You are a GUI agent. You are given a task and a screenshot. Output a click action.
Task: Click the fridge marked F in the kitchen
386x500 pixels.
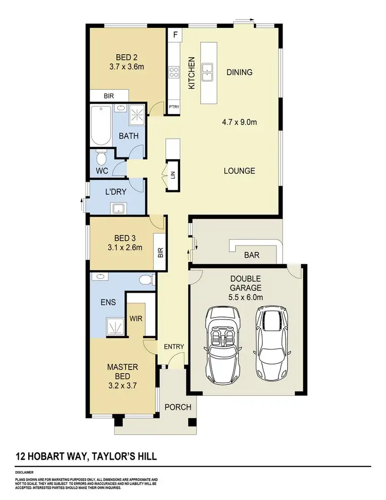175,36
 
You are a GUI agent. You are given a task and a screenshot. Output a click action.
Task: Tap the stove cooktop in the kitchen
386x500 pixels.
174,72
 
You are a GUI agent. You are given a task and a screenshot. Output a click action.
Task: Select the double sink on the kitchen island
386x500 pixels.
208,72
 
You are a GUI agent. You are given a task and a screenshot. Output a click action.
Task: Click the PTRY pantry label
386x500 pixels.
173,107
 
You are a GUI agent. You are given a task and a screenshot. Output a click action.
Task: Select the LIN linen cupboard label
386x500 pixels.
173,175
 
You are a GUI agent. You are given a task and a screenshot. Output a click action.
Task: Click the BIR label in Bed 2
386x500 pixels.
108,96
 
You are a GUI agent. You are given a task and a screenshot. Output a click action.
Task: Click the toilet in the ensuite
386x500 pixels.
147,280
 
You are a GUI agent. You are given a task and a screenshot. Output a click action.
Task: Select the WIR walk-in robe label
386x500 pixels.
136,319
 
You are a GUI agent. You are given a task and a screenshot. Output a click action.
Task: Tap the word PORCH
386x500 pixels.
178,407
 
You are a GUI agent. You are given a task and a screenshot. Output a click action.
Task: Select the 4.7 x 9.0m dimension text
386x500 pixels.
239,123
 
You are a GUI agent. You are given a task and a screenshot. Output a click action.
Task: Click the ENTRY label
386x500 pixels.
173,346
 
